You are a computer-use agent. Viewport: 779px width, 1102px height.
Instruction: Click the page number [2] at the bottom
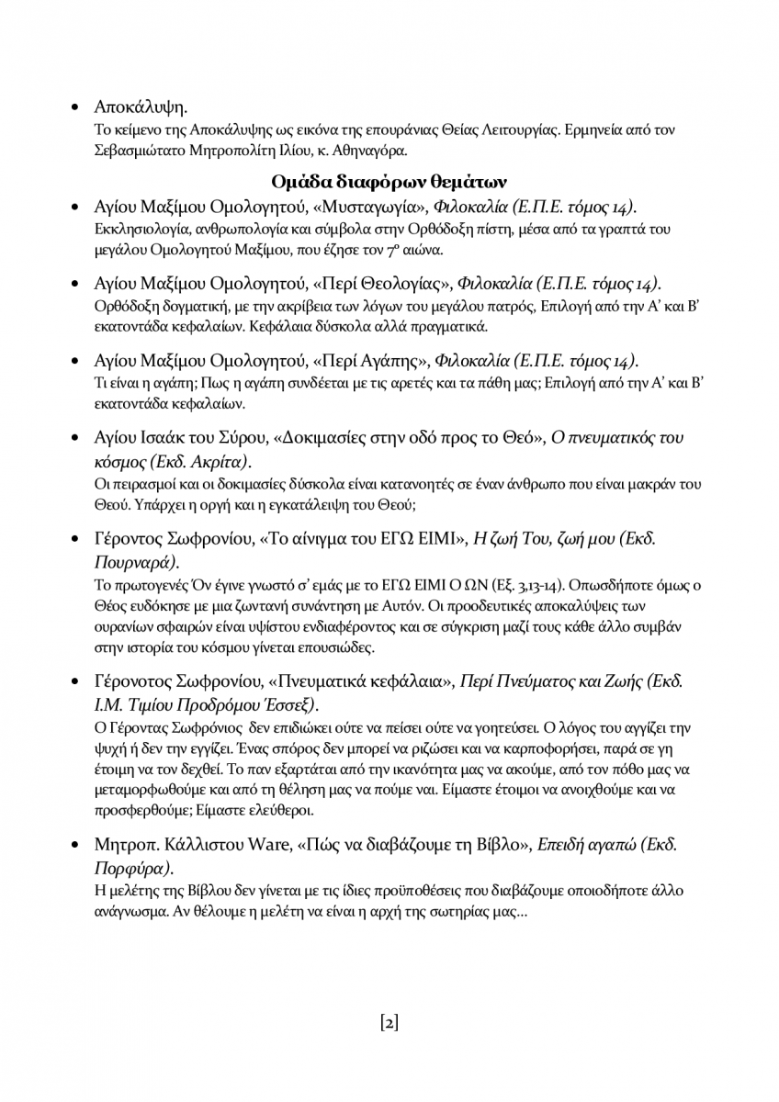coord(389,1022)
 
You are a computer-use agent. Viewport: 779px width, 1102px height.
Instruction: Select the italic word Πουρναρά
coord(135,560)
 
